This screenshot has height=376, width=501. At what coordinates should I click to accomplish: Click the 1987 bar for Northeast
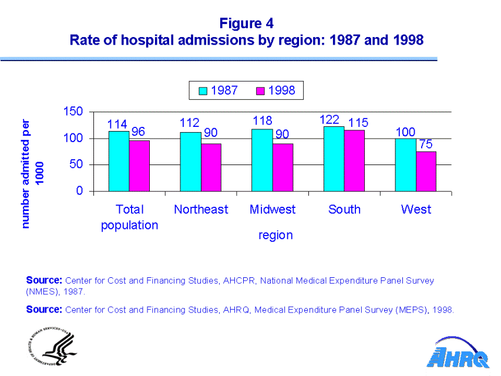(x=190, y=162)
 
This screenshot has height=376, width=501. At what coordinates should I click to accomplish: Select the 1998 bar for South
(x=354, y=160)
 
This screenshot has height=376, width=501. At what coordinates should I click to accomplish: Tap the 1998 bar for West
(x=426, y=172)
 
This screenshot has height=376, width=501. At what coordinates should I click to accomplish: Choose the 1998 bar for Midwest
(x=283, y=167)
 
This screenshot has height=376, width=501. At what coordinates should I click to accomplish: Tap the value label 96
(x=138, y=132)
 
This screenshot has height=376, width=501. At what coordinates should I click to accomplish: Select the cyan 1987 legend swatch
(x=203, y=90)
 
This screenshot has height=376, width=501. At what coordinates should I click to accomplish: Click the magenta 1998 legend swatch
(x=261, y=90)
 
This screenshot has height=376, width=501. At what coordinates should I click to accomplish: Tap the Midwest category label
(x=273, y=209)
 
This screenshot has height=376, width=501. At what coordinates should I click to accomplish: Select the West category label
(x=416, y=209)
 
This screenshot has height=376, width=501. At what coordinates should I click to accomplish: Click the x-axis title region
(x=275, y=235)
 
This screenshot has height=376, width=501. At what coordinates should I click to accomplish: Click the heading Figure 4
(x=247, y=23)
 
